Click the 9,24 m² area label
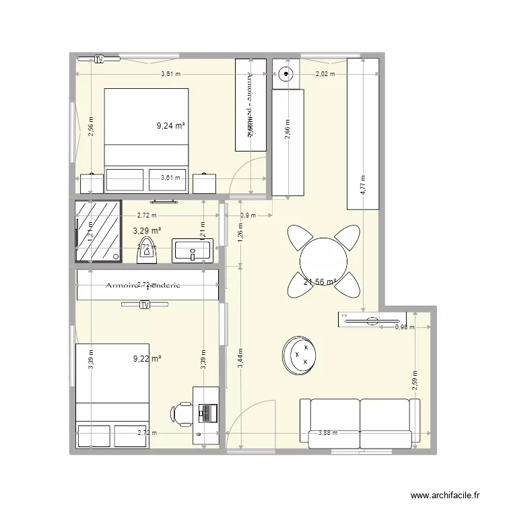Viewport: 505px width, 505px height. [x=170, y=125]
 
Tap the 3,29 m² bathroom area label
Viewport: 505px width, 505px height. [x=146, y=231]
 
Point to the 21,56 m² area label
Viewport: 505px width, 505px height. [x=320, y=283]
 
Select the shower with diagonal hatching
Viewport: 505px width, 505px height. [x=98, y=231]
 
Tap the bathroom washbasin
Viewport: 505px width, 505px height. [x=192, y=250]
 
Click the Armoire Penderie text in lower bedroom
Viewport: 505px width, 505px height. [x=143, y=285]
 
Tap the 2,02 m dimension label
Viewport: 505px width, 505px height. [x=325, y=75]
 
